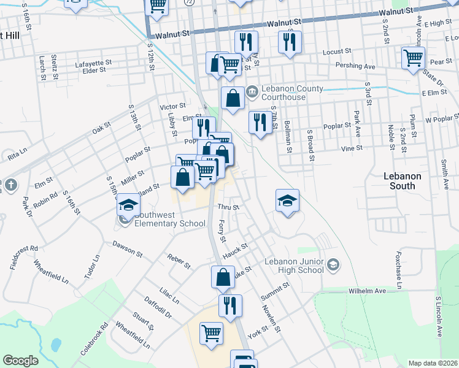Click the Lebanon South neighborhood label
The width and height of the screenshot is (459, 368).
(x=403, y=180)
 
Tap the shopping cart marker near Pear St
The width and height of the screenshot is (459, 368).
(x=413, y=59)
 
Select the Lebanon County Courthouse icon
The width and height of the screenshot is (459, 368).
(x=252, y=93)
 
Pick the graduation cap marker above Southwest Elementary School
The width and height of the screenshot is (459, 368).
(x=129, y=205)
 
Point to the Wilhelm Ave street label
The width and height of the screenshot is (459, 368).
(x=367, y=291)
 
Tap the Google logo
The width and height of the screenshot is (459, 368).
(x=20, y=361)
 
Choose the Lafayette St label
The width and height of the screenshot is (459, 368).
(x=93, y=63)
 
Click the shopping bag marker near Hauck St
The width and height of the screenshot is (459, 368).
(x=223, y=278)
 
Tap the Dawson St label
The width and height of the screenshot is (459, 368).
(x=127, y=248)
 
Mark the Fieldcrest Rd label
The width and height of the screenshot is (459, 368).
(x=25, y=258)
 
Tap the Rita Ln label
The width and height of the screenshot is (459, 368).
(x=18, y=153)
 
